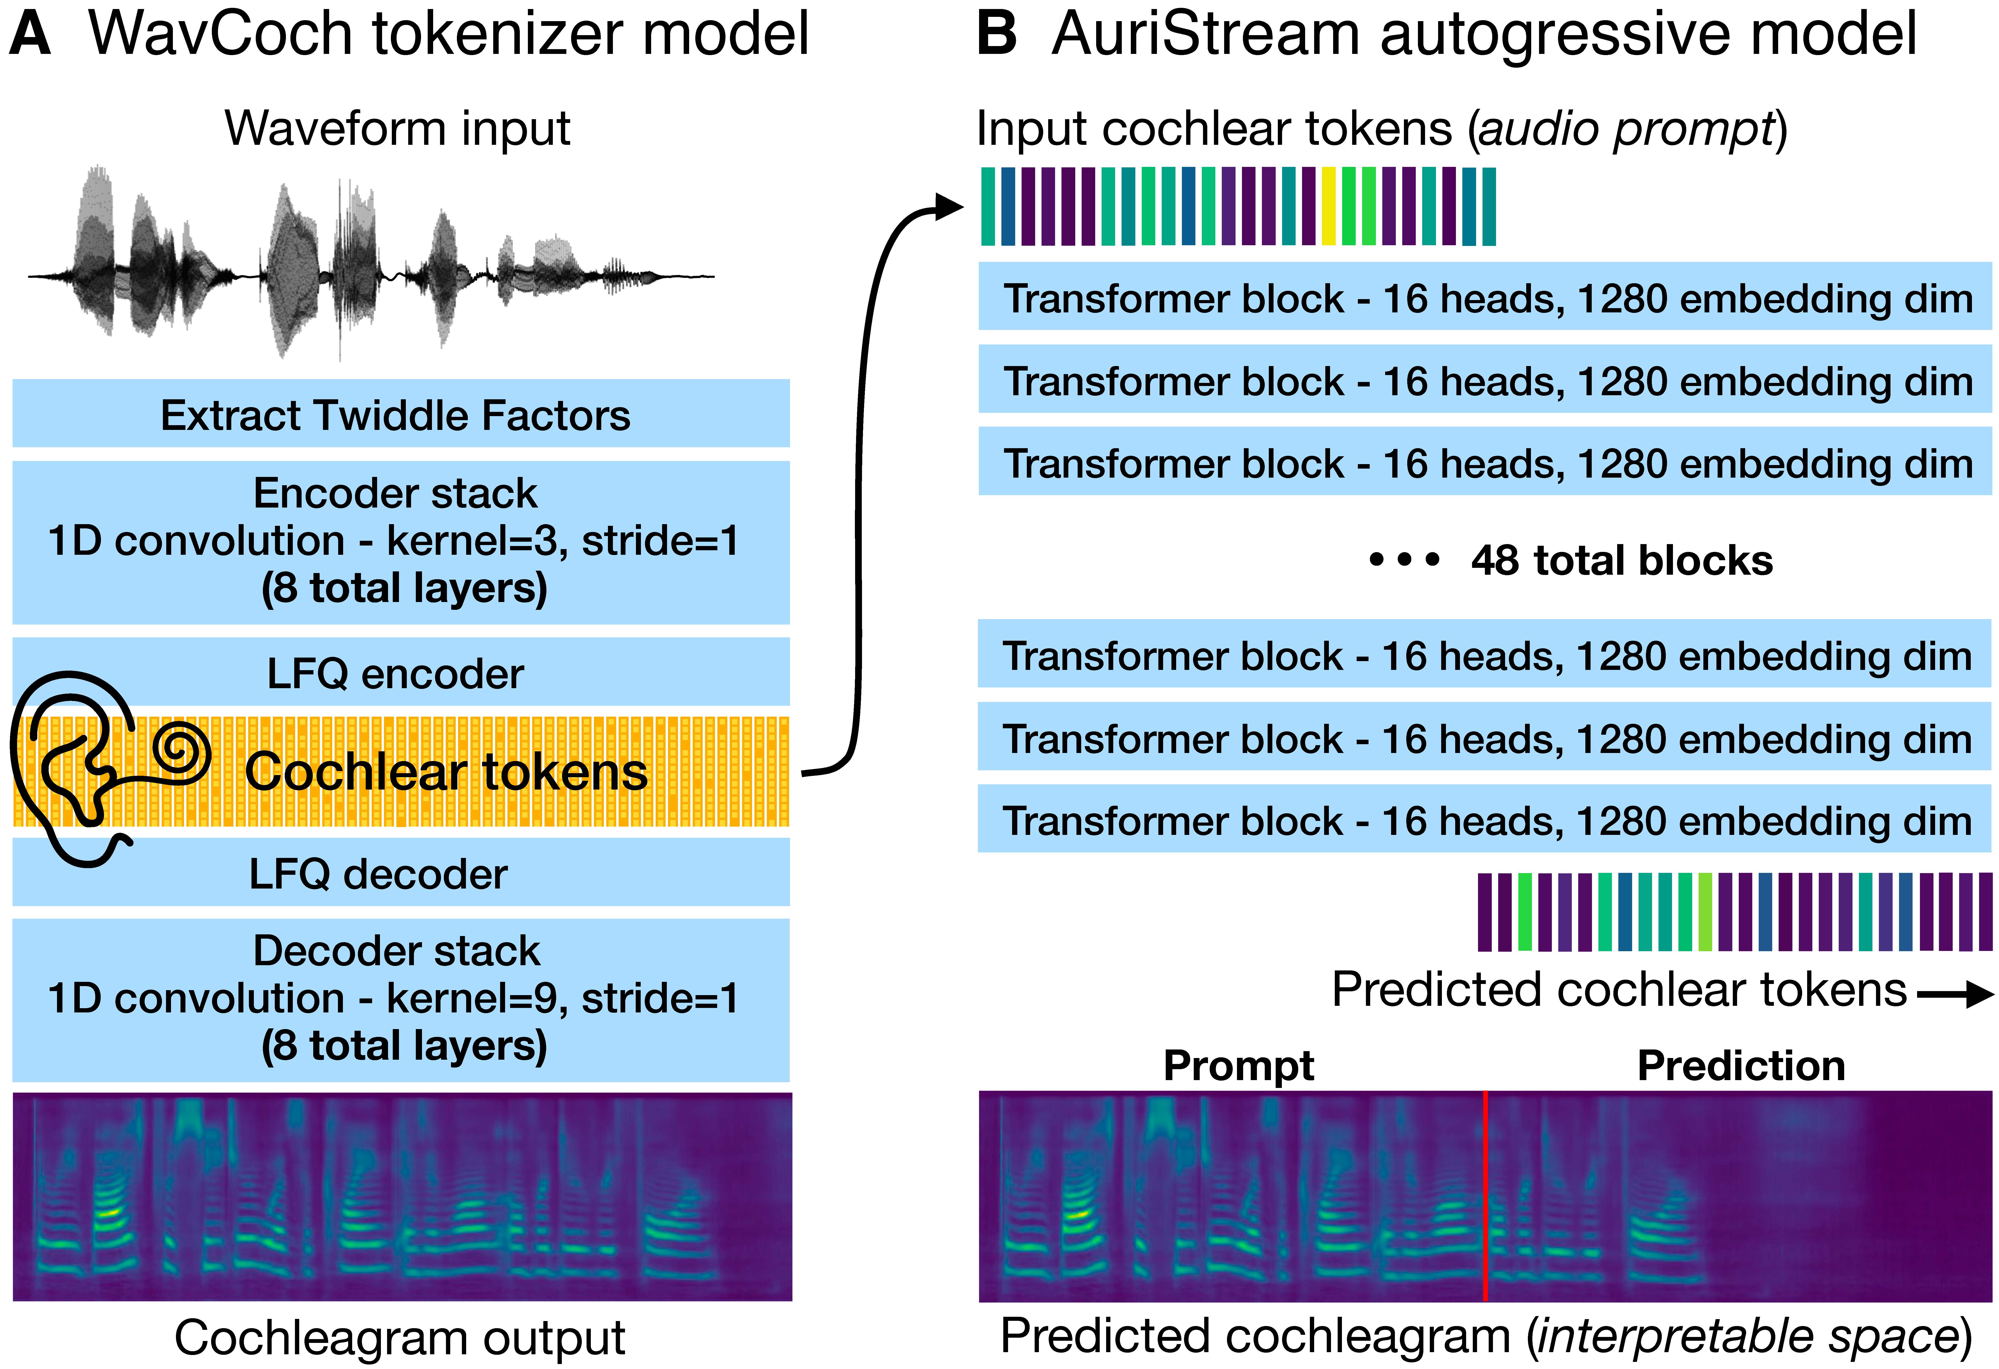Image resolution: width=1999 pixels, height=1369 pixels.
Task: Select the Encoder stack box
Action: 401,542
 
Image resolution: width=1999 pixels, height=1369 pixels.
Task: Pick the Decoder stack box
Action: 401,999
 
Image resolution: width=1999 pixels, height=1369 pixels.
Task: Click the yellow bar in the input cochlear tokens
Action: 1329,206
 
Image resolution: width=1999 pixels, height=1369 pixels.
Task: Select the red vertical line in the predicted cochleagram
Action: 1486,1195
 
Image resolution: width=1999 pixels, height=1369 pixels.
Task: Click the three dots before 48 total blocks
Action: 1405,560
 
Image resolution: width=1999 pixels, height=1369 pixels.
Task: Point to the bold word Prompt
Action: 1239,1066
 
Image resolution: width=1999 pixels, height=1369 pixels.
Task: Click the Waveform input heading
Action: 397,129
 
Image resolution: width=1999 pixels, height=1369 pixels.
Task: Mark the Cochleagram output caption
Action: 400,1338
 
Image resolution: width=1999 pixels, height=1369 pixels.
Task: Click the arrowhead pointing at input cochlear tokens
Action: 949,206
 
